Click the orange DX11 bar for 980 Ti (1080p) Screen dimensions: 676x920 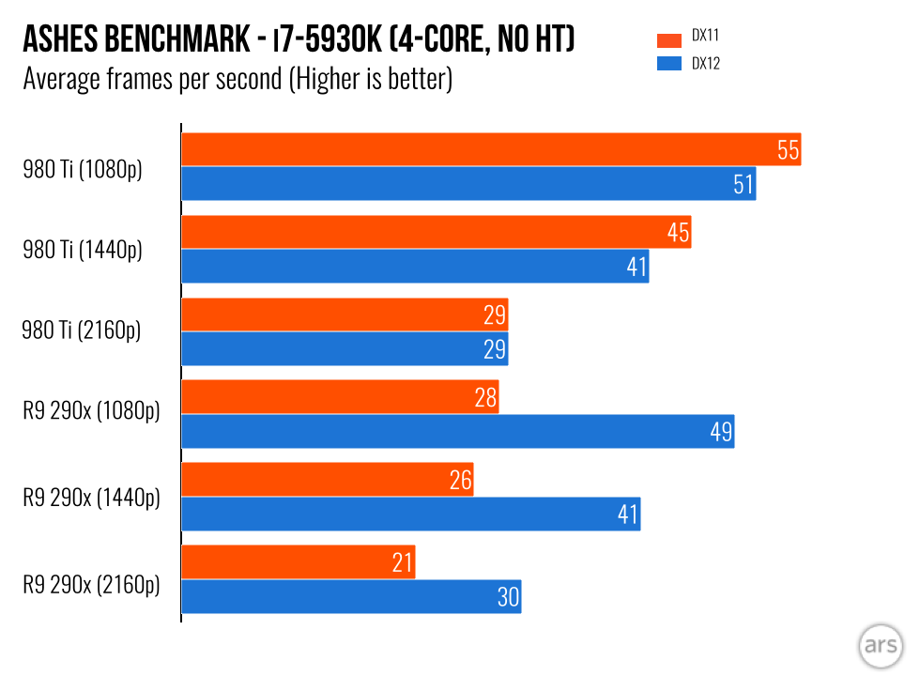click(488, 149)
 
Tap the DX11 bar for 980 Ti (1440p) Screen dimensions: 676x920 click(436, 232)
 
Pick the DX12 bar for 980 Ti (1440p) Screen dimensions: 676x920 click(414, 267)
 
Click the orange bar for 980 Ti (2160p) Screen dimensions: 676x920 click(344, 315)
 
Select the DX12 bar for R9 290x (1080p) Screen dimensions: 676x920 click(457, 432)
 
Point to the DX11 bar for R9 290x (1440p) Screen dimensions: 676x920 click(327, 480)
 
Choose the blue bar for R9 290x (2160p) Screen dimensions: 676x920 click(350, 597)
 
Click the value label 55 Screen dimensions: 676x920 click(789, 149)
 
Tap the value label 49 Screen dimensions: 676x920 click(721, 432)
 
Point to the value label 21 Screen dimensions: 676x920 click(403, 563)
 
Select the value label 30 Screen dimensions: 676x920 click(508, 597)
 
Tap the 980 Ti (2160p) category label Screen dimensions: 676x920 click(82, 330)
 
